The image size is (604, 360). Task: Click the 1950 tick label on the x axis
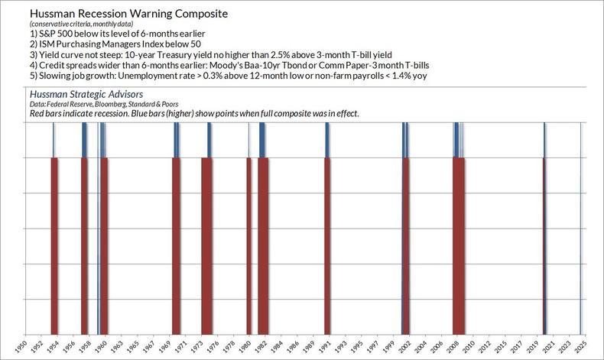coord(24,348)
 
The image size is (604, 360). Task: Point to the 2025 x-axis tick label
coord(582,348)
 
